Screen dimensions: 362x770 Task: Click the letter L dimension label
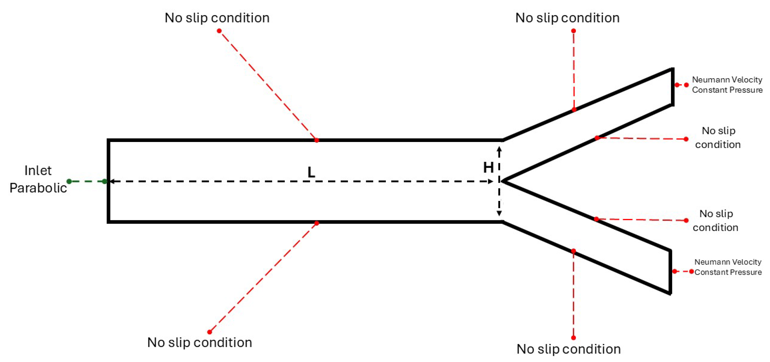pos(311,172)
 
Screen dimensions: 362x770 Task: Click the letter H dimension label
pos(488,168)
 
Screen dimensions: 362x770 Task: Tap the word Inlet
pos(38,170)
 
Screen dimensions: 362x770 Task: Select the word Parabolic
pos(38,188)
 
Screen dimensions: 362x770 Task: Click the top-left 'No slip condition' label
pos(217,18)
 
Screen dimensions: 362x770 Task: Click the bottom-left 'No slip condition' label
pos(200,342)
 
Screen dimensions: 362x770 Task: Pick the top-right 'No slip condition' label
pos(567,18)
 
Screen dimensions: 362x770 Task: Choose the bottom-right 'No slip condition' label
pos(569,349)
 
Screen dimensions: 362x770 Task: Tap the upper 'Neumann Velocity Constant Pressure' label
pos(727,85)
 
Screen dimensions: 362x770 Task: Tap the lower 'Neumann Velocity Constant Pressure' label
pos(728,267)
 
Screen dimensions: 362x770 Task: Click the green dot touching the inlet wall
pos(104,181)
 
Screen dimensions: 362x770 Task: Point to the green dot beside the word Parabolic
pos(69,181)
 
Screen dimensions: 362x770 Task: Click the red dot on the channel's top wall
pos(317,140)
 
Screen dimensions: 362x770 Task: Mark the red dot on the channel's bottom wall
pos(317,223)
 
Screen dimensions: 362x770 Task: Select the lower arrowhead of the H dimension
pos(499,213)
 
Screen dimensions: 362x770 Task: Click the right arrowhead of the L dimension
pos(491,181)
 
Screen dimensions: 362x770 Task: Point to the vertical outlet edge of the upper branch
pos(673,87)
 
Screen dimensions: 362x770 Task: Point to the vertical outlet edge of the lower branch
pos(670,272)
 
